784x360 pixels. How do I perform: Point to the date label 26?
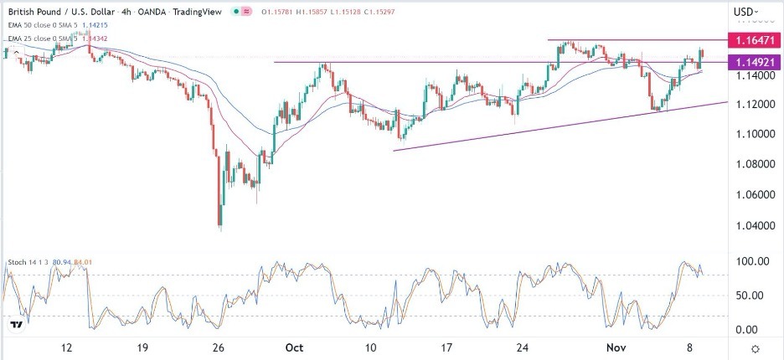219,347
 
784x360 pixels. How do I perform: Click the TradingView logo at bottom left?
16,325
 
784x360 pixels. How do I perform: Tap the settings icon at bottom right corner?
756,348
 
